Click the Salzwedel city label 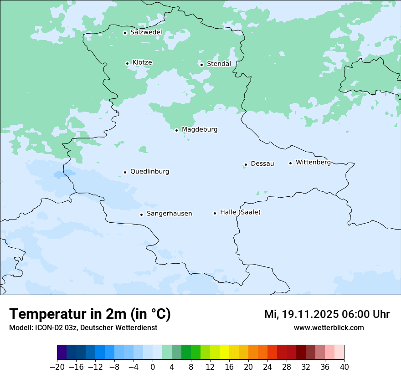[x=146, y=32]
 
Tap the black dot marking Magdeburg [x=176, y=130]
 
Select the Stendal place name [x=219, y=64]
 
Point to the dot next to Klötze [x=127, y=63]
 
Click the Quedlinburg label [x=149, y=172]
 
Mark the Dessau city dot [x=246, y=164]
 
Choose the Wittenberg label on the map [x=313, y=162]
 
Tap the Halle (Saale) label [x=240, y=212]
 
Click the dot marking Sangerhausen [x=141, y=215]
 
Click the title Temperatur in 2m [x=90, y=314]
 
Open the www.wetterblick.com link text [x=329, y=327]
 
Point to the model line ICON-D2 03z [x=83, y=327]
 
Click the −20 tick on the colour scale [x=57, y=367]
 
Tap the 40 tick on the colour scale [x=344, y=367]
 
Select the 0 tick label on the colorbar [x=153, y=367]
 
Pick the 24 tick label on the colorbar [x=267, y=367]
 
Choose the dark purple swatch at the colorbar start [x=62, y=352]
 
